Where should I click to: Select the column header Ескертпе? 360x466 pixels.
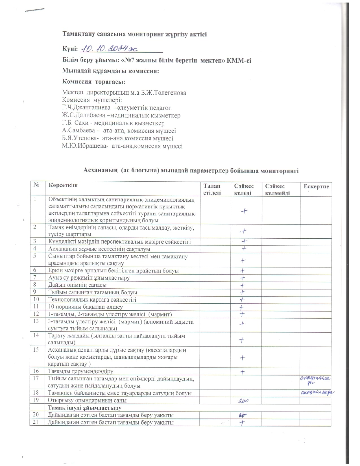tap(316, 186)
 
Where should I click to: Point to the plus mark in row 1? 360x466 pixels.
tap(244, 211)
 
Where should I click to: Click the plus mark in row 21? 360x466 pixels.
tap(242, 423)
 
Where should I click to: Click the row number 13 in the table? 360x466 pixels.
tap(36, 321)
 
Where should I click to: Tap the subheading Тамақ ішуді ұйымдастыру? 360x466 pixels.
tap(84, 408)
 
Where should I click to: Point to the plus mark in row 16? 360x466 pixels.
tap(243, 372)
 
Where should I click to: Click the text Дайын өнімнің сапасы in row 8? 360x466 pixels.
tap(77, 285)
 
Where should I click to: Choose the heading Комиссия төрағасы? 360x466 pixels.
tap(93, 82)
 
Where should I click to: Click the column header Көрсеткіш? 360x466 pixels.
tap(63, 185)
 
